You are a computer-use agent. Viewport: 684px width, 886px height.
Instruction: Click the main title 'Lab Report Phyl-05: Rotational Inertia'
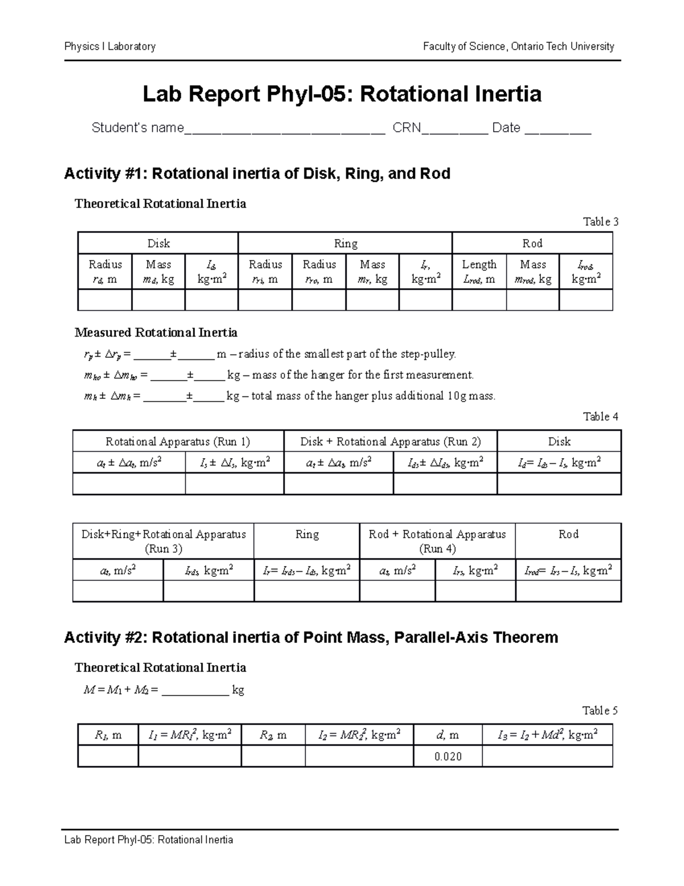(x=341, y=94)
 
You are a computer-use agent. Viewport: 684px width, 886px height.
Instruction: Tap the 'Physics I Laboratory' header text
(x=110, y=47)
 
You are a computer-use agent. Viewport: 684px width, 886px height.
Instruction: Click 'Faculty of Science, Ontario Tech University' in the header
(x=518, y=47)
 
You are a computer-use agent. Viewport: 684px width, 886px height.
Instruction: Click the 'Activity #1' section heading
(x=257, y=173)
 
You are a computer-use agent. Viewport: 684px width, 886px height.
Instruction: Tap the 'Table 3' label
(x=600, y=222)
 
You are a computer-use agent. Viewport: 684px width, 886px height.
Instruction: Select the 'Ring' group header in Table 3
(x=345, y=244)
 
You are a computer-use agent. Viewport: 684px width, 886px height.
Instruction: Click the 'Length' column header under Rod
(x=479, y=265)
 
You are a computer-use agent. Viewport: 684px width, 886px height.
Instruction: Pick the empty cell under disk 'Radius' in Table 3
(x=105, y=300)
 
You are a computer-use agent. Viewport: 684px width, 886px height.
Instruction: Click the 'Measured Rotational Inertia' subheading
(x=156, y=333)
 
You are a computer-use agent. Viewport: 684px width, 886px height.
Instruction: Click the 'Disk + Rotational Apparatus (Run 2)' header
(x=390, y=442)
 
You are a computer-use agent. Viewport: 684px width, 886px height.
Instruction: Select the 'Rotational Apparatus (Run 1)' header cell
(x=178, y=442)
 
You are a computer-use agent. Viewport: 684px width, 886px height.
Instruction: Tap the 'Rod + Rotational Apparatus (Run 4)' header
(x=437, y=541)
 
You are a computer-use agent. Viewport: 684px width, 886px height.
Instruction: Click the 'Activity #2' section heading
(x=311, y=637)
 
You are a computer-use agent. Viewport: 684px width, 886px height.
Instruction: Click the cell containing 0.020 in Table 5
(x=447, y=756)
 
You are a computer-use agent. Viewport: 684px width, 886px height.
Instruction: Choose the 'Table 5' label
(x=600, y=711)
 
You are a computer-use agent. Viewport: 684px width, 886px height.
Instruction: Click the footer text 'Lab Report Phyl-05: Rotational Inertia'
(x=149, y=840)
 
